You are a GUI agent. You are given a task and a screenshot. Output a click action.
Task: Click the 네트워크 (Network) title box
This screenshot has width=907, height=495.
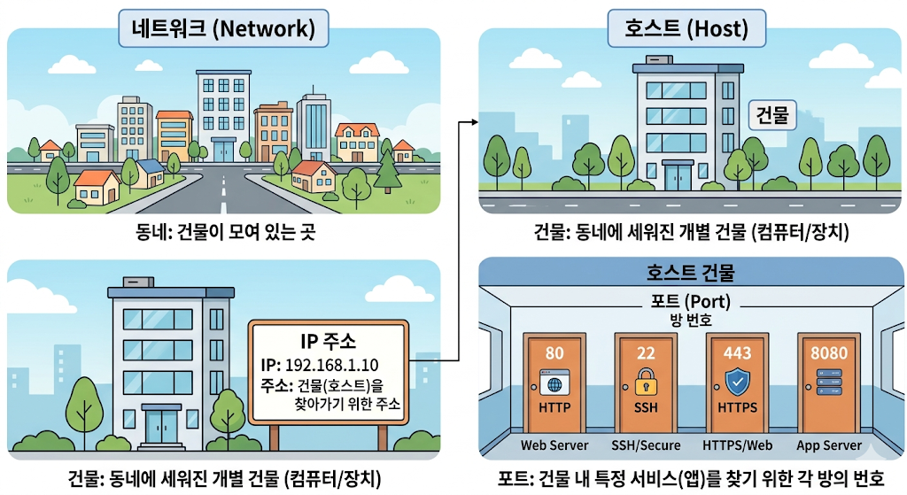(223, 28)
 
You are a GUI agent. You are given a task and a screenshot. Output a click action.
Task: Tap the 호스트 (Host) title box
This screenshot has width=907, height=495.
(686, 28)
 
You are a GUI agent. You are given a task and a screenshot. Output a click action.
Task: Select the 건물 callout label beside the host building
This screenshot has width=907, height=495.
(772, 115)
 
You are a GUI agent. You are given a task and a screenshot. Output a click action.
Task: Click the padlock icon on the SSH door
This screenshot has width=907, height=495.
(646, 383)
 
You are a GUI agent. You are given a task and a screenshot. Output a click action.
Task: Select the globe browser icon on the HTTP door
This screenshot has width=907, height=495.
(554, 383)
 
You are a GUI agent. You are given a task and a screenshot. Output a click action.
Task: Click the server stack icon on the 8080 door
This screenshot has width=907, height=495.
(828, 383)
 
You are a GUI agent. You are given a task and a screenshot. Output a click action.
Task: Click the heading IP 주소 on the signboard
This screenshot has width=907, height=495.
(328, 341)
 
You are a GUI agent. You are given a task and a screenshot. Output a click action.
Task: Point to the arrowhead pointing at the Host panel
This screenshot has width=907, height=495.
(475, 122)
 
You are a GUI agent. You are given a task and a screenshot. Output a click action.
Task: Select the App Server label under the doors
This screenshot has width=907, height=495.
(829, 445)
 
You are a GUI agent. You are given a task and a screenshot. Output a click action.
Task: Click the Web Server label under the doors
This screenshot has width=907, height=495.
(554, 445)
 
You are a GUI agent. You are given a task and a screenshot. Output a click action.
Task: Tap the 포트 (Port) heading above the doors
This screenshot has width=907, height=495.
(691, 302)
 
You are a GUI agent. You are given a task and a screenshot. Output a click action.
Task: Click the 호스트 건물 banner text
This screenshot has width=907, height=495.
(690, 272)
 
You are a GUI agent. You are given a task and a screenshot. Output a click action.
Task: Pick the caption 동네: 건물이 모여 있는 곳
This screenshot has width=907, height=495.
(226, 233)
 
